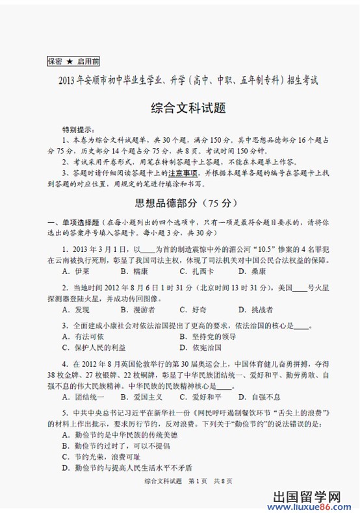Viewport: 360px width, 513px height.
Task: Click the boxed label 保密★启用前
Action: (73, 62)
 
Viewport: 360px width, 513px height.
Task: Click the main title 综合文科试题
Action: (179, 106)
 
